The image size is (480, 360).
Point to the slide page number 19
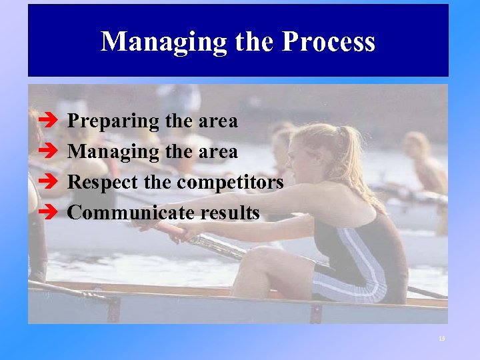click(441, 339)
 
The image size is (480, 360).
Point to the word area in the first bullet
click(217, 122)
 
